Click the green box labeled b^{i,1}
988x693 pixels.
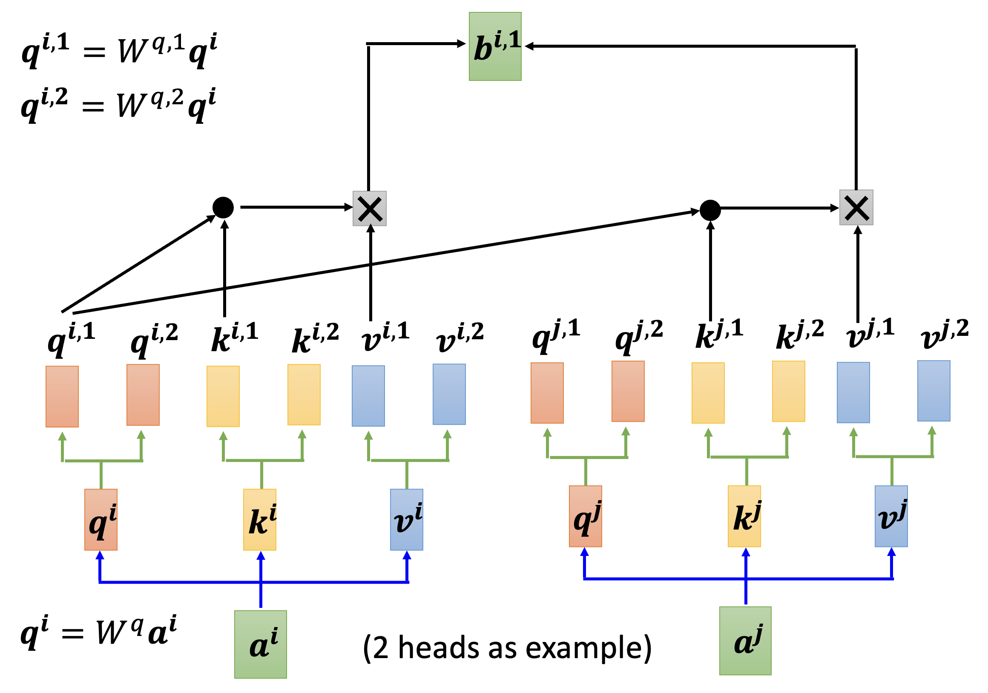click(495, 46)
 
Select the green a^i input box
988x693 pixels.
click(260, 644)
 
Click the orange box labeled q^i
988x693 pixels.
click(101, 519)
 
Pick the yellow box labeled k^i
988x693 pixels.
click(259, 519)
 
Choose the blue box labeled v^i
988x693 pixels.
click(406, 519)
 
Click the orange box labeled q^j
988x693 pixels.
click(585, 516)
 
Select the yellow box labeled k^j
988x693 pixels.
click(744, 516)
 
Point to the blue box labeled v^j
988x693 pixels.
click(891, 516)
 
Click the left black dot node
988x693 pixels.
click(223, 208)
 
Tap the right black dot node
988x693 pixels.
click(710, 210)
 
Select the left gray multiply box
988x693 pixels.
click(369, 209)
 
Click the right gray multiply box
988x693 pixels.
click(856, 207)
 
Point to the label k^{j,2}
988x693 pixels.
click(799, 335)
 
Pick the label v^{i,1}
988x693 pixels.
click(385, 337)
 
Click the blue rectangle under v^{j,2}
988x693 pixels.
click(933, 391)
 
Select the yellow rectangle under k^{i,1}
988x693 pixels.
click(223, 396)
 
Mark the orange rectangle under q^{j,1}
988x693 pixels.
click(547, 393)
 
